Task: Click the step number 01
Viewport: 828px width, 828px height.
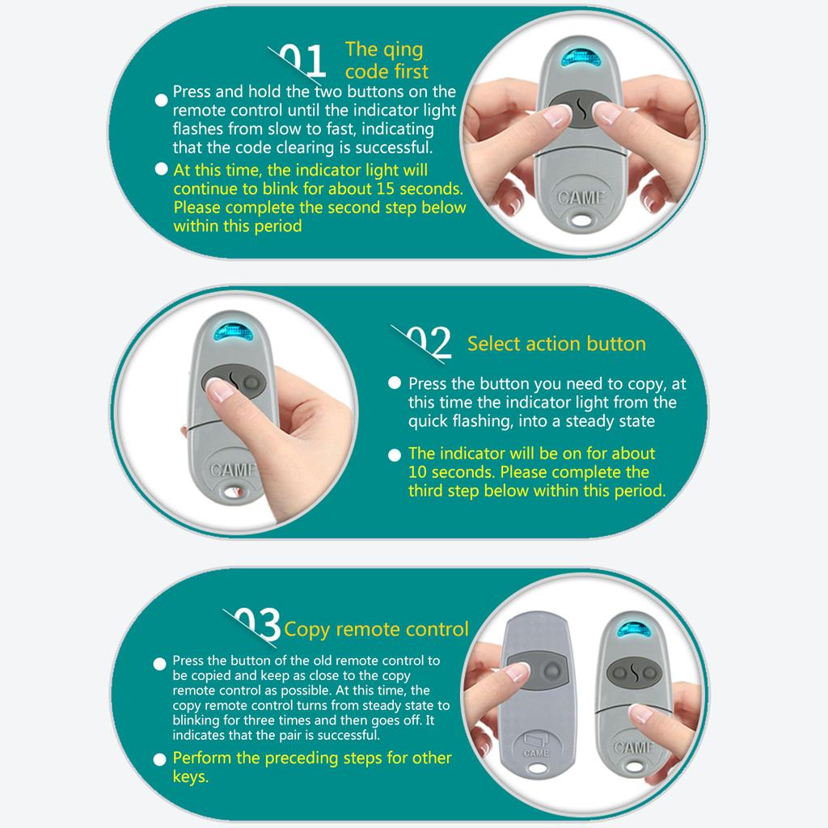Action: tap(302, 61)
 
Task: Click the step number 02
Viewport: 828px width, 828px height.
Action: tap(429, 342)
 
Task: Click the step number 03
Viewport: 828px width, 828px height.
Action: tap(257, 624)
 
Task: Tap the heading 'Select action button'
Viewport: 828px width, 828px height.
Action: tap(556, 344)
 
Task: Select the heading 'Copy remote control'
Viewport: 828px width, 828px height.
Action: tap(376, 629)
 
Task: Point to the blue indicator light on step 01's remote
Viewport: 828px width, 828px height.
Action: tap(581, 57)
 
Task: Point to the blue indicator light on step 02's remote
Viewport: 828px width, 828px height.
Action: tap(234, 332)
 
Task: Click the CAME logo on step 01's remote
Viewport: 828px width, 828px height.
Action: tap(581, 197)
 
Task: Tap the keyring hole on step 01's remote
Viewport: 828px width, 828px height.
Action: tap(581, 218)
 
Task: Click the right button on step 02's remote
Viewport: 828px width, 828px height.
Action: tap(252, 382)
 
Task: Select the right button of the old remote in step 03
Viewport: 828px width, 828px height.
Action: tap(552, 670)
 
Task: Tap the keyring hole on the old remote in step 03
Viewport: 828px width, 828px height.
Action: tap(537, 768)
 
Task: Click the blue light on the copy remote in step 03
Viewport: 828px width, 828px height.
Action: tap(633, 629)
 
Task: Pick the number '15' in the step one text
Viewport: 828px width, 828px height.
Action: tap(385, 188)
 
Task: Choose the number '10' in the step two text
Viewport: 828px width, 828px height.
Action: tap(417, 471)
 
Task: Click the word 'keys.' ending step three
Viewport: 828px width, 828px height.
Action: tap(191, 777)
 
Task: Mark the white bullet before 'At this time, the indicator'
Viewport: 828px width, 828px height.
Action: tap(161, 169)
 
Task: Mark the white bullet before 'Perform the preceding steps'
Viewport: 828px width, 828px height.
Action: tap(159, 759)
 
